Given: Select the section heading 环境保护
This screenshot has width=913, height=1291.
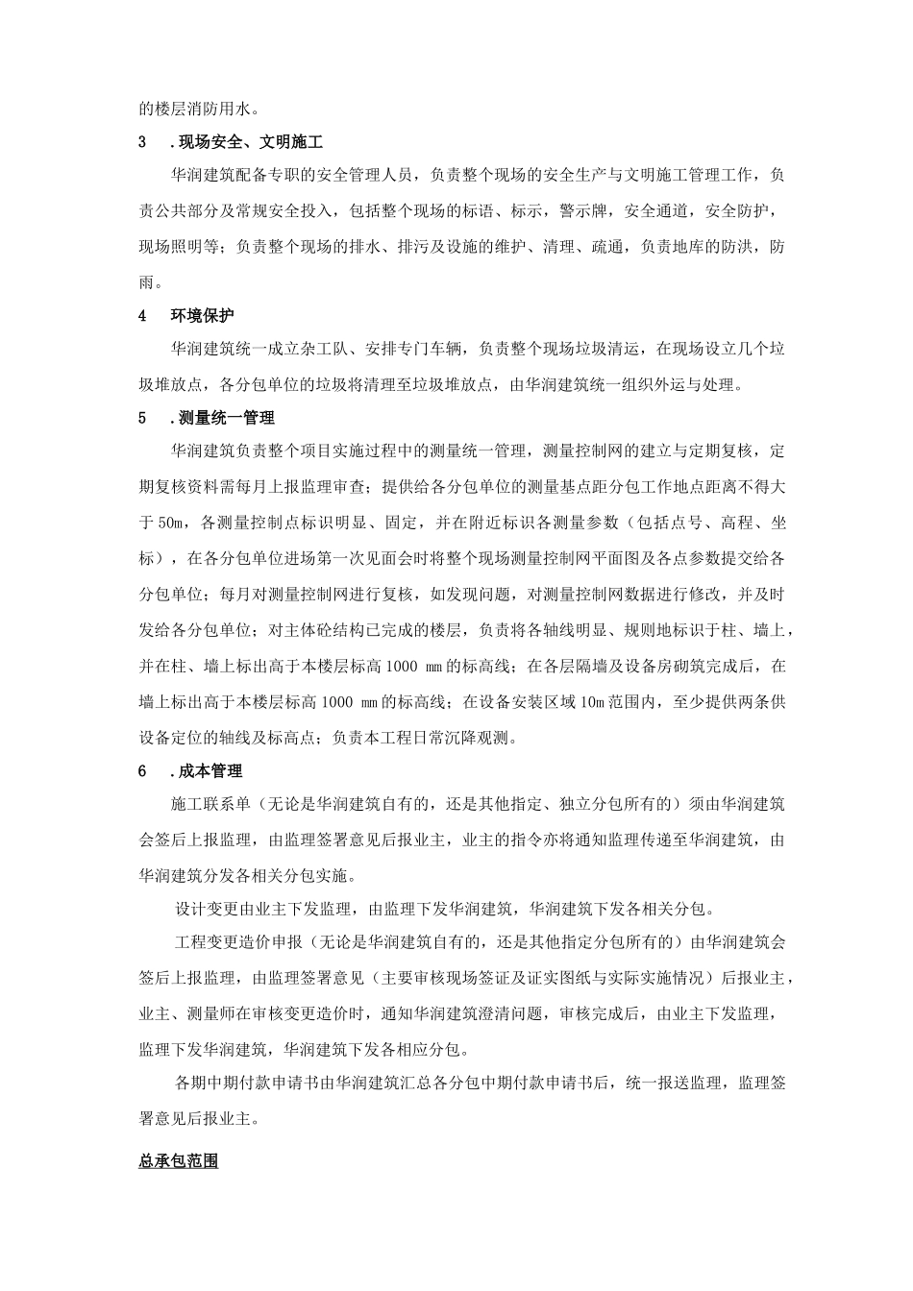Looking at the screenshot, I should (202, 315).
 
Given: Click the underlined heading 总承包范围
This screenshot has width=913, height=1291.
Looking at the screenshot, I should (179, 1161).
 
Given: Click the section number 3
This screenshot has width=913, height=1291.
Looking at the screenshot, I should (143, 142).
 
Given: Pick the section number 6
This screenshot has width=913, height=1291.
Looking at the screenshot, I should (143, 771).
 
